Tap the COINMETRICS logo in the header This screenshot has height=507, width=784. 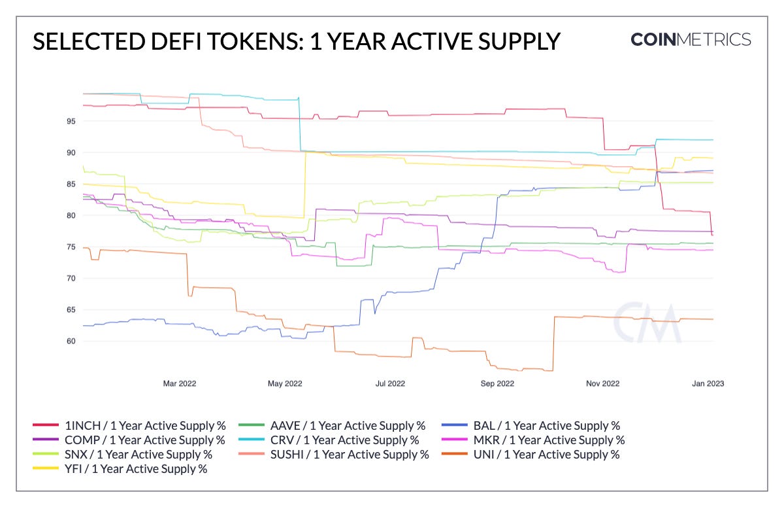(691, 39)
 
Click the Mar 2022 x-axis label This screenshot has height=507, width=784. (179, 384)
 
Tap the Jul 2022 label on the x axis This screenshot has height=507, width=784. (390, 384)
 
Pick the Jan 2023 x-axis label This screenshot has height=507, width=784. (708, 384)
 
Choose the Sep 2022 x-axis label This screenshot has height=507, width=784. (497, 384)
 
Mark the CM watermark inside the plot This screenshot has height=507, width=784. (647, 323)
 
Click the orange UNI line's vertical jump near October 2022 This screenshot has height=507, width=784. (553, 343)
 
